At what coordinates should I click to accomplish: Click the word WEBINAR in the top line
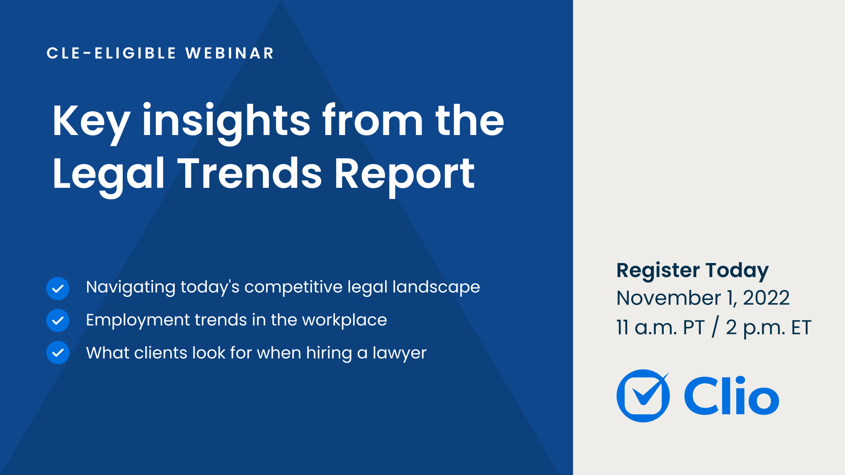230,53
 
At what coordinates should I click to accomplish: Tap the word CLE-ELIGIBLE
112,53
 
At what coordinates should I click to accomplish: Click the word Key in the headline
91,121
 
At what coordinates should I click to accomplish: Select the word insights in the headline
226,121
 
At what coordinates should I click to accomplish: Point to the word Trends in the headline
250,174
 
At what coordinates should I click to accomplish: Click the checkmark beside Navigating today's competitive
58,289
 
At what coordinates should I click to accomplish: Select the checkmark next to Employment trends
58,321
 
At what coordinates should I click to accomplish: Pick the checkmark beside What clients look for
58,353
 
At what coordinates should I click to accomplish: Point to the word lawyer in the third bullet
400,353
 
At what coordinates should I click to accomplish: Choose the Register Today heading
692,270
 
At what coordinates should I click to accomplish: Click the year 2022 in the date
766,298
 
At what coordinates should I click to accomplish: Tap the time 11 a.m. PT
660,328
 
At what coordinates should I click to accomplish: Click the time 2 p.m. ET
768,328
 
